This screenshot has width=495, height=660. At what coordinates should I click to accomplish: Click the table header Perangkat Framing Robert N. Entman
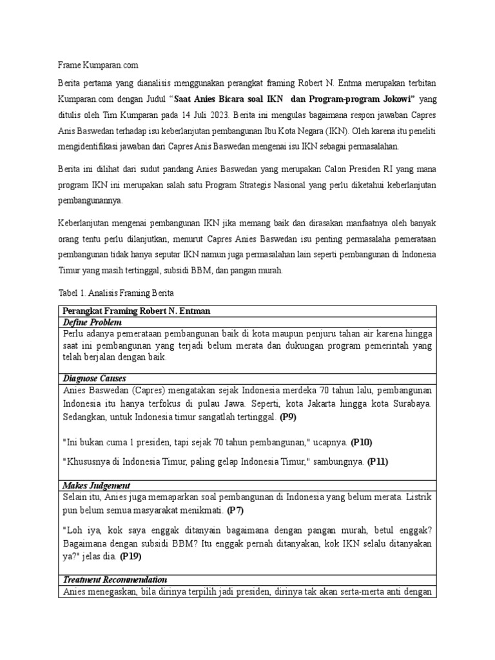[137, 311]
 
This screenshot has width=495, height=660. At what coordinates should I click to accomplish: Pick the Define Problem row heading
[92, 322]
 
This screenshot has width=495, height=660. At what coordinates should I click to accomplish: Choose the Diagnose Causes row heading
[94, 378]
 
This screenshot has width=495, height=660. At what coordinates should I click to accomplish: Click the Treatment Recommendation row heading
[115, 579]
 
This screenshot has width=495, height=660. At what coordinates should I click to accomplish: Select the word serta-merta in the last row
[378, 592]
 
